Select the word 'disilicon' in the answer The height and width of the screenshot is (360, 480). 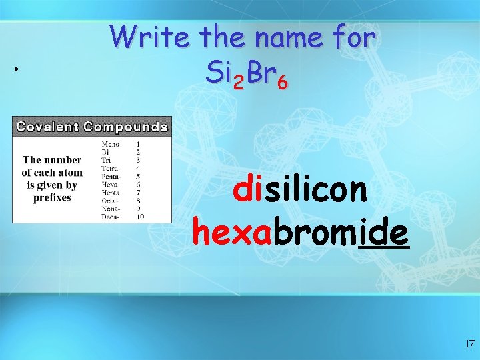pyautogui.click(x=300, y=189)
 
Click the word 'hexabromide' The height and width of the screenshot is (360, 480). pyautogui.click(x=301, y=233)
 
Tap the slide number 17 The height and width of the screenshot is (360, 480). pyautogui.click(x=469, y=344)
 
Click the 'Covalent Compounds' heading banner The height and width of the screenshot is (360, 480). pyautogui.click(x=92, y=126)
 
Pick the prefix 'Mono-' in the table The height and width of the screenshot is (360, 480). pyautogui.click(x=111, y=144)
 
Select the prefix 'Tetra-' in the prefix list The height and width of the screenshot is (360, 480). pyautogui.click(x=111, y=168)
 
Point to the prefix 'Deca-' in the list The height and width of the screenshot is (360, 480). pyautogui.click(x=111, y=216)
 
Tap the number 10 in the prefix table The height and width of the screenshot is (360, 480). pyautogui.click(x=140, y=216)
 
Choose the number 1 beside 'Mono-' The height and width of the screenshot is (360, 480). pyautogui.click(x=138, y=144)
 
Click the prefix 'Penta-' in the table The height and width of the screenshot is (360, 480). pyautogui.click(x=111, y=176)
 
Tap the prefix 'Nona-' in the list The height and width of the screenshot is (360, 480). pyautogui.click(x=111, y=208)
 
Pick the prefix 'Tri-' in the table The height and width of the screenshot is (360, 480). pyautogui.click(x=107, y=160)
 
